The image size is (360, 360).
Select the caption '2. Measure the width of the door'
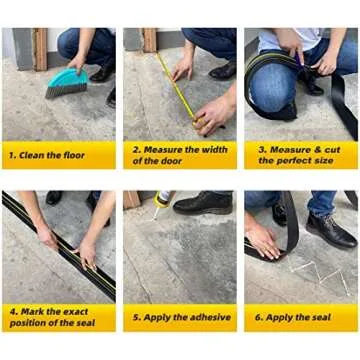point(180,154)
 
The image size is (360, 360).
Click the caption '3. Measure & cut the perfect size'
point(301,154)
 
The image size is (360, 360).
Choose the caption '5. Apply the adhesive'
point(180,318)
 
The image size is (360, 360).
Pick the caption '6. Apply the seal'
point(301,318)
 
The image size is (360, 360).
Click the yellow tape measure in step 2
point(180,85)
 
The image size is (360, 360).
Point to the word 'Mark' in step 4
point(36,311)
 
